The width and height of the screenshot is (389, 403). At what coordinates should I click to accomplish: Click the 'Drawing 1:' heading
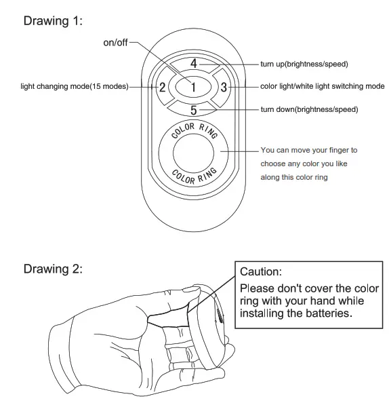(53, 20)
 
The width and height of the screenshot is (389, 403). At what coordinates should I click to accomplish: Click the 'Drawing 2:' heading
(53, 269)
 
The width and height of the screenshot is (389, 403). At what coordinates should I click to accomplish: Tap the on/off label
(115, 43)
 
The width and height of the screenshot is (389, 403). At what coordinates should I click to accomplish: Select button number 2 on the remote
(163, 87)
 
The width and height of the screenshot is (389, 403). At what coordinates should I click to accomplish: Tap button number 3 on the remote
(224, 87)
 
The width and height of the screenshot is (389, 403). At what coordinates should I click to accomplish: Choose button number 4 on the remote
(193, 64)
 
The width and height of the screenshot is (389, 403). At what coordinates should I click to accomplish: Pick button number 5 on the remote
(193, 109)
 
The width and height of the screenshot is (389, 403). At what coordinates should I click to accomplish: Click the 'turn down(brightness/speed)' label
(309, 109)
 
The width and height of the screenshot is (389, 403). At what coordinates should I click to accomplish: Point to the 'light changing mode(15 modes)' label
(74, 87)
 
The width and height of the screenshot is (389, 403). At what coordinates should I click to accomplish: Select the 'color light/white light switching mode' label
(322, 87)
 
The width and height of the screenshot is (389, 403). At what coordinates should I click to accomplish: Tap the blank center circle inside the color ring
(193, 153)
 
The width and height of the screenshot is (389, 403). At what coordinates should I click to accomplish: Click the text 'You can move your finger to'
(308, 150)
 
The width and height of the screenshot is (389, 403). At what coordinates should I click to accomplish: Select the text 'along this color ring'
(294, 177)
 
